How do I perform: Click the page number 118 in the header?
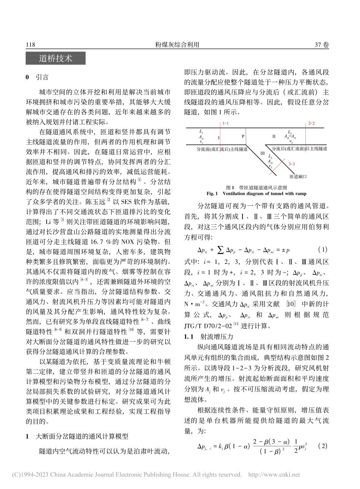coord(30,45)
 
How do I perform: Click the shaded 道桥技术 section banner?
coord(56,59)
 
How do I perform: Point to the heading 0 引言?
coord(37,77)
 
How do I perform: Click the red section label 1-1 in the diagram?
coord(225,124)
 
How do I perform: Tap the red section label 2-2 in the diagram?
coord(311,124)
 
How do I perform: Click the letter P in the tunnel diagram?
coord(243,136)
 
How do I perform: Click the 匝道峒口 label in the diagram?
coord(297,177)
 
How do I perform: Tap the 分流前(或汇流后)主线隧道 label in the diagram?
coord(216,149)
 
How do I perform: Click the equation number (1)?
coord(322,250)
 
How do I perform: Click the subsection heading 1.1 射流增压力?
coord(209,336)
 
